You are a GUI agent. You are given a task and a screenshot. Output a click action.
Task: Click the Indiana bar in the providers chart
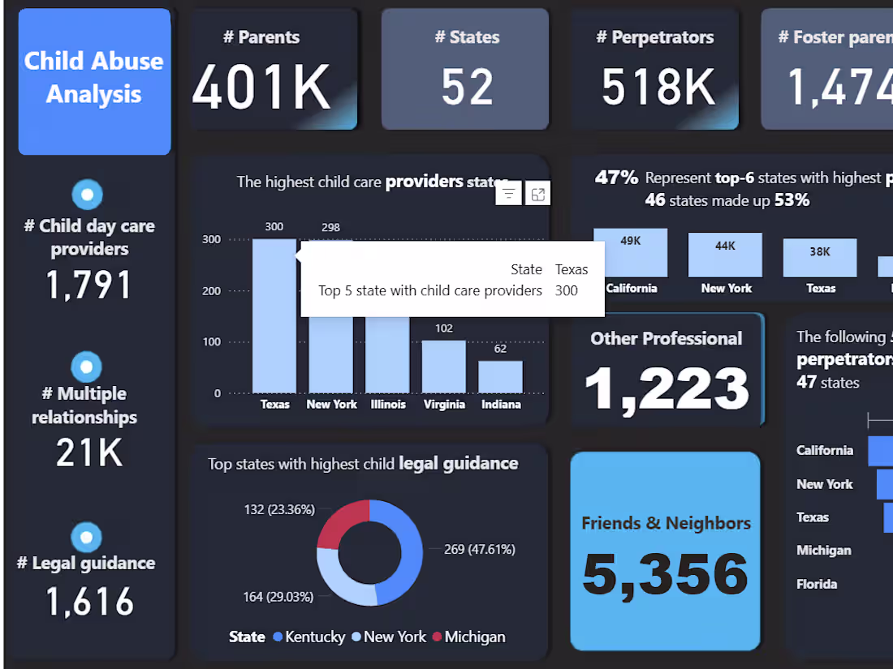pos(500,377)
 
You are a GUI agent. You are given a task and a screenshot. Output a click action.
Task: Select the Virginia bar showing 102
pos(444,367)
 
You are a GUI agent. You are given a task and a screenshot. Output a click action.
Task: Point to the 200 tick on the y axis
pos(211,291)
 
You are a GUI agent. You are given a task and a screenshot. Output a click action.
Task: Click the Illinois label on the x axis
pos(388,404)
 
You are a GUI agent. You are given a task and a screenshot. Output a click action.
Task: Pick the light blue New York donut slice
pos(341,580)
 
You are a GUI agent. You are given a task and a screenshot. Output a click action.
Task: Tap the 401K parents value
pos(261,87)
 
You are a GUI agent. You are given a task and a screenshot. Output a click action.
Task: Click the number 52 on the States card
pos(468,87)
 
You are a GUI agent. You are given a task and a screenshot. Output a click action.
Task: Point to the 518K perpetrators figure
pos(658,87)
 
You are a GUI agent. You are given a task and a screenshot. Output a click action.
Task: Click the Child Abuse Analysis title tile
pos(94,79)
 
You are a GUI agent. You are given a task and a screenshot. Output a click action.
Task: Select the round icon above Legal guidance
pos(87,537)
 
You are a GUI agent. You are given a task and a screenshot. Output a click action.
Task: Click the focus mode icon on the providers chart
pos(538,193)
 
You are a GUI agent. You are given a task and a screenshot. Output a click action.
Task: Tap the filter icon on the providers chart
pos(508,193)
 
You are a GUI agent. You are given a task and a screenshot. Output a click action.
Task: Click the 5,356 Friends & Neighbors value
pos(665,573)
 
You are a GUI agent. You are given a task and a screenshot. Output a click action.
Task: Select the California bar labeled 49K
pos(631,253)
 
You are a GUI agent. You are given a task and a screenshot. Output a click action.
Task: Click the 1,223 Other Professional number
pos(667,388)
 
